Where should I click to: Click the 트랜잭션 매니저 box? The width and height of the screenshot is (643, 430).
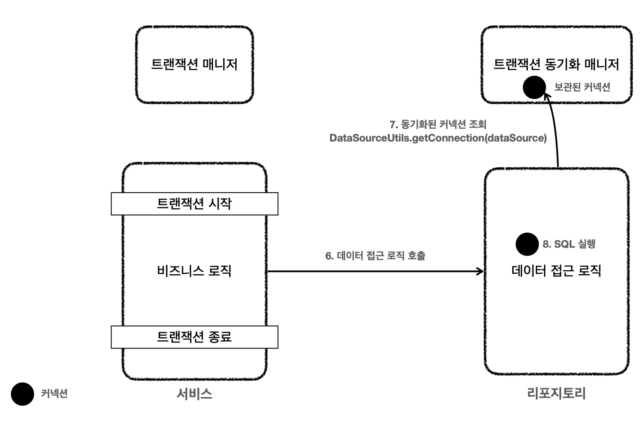click(x=195, y=64)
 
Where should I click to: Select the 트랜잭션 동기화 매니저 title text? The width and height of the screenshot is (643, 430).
click(x=556, y=64)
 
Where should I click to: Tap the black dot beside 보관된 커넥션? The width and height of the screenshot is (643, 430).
click(x=534, y=87)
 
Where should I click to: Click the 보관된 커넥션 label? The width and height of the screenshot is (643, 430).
click(x=582, y=87)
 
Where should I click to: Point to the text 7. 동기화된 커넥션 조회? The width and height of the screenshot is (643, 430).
click(x=438, y=124)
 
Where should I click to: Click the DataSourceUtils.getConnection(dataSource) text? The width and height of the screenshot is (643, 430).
click(x=438, y=138)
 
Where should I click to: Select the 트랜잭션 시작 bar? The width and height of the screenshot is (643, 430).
click(x=195, y=204)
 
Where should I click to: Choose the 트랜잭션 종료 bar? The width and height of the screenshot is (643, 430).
click(x=195, y=337)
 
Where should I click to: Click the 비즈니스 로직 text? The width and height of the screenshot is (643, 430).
click(x=195, y=271)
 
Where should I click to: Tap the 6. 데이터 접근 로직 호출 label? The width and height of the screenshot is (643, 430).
click(x=375, y=256)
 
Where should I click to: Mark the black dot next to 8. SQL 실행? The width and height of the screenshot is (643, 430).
click(x=527, y=244)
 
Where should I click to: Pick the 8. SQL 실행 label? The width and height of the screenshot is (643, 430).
click(x=569, y=244)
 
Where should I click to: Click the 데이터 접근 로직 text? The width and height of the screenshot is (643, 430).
click(x=556, y=271)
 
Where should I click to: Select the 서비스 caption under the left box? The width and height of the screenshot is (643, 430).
click(x=195, y=394)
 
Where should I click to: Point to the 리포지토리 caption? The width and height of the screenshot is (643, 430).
click(x=556, y=394)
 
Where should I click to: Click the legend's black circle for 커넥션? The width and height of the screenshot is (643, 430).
click(x=22, y=394)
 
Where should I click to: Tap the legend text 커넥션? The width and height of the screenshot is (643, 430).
click(x=54, y=394)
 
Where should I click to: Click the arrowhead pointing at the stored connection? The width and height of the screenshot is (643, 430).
click(x=547, y=97)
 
